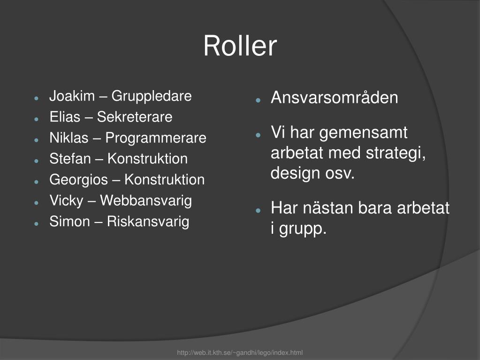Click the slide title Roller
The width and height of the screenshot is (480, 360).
click(x=240, y=46)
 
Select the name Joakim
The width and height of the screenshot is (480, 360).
click(x=72, y=96)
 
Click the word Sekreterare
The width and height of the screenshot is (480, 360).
click(x=135, y=117)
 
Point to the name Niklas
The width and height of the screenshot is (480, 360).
click(x=69, y=138)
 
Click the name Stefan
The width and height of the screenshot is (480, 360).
click(x=70, y=159)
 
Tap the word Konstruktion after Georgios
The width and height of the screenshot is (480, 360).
click(x=165, y=180)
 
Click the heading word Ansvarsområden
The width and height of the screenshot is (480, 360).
click(x=334, y=98)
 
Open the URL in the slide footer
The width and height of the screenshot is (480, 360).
click(x=240, y=352)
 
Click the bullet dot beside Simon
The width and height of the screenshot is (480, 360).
click(x=37, y=224)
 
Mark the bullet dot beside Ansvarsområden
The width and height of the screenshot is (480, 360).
click(x=258, y=100)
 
